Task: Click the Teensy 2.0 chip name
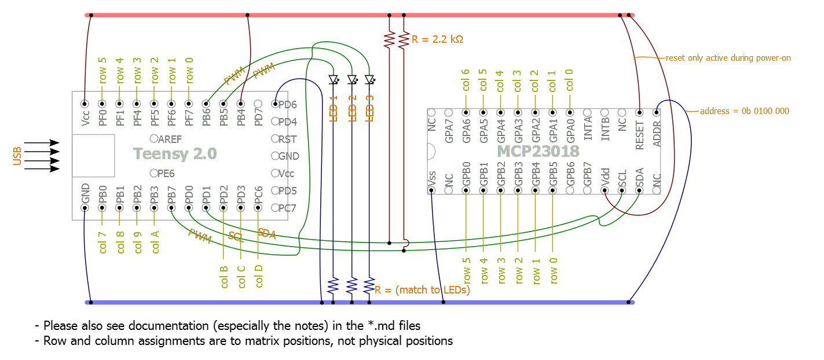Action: [x=175, y=153]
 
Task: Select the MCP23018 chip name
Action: [x=538, y=151]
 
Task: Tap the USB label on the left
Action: [x=17, y=156]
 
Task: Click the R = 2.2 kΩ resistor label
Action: [x=437, y=40]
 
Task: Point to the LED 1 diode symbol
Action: [x=333, y=79]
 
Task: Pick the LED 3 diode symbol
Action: [x=369, y=79]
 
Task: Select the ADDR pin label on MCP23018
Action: [x=657, y=133]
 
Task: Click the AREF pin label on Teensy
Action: [x=170, y=139]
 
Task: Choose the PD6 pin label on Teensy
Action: [x=288, y=105]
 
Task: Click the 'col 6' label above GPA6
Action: [x=465, y=80]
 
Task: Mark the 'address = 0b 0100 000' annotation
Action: [x=744, y=111]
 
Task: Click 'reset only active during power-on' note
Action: [x=728, y=58]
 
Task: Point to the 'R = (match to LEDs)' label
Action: [x=422, y=290]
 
